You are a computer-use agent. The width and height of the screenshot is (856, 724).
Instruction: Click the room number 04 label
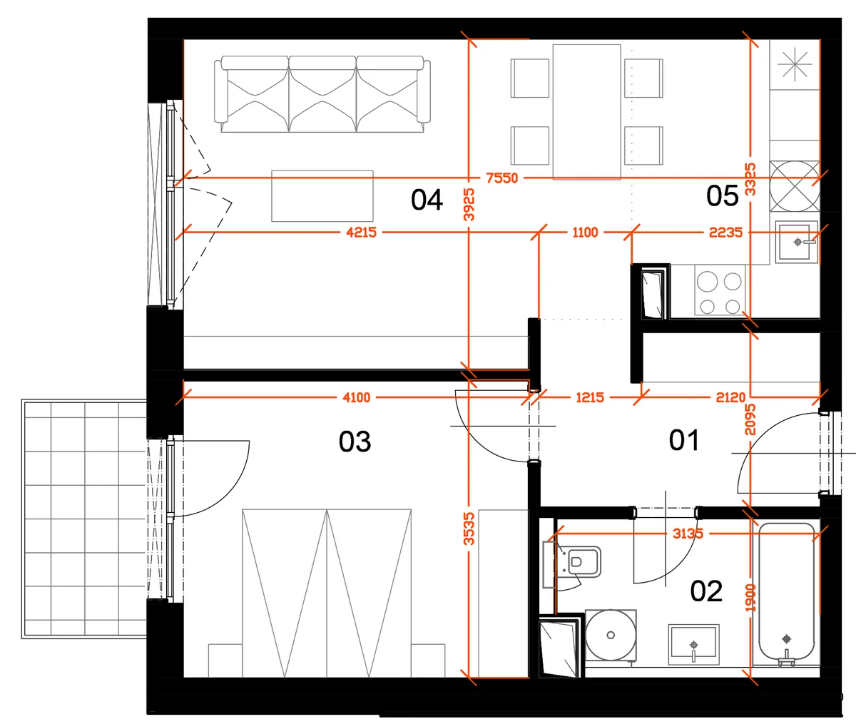pyautogui.click(x=427, y=200)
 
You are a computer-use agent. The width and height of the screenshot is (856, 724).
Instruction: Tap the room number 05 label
pyautogui.click(x=722, y=195)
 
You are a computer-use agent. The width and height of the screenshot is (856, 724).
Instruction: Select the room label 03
pyautogui.click(x=355, y=442)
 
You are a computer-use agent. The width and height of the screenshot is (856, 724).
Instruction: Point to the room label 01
pyautogui.click(x=684, y=440)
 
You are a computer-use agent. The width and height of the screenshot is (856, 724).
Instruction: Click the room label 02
pyautogui.click(x=706, y=591)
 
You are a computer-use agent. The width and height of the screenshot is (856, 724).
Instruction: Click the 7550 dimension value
pyautogui.click(x=502, y=178)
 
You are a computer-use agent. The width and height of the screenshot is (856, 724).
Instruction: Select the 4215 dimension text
pyautogui.click(x=361, y=233)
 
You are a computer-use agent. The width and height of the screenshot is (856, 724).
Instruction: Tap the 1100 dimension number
pyautogui.click(x=585, y=233)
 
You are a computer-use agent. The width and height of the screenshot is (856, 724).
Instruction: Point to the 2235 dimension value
pyautogui.click(x=725, y=233)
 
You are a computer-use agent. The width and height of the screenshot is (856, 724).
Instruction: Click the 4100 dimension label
pyautogui.click(x=357, y=397)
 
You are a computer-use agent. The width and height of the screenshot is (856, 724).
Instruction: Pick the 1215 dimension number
pyautogui.click(x=590, y=397)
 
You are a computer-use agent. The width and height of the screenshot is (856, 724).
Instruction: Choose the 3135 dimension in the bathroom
pyautogui.click(x=688, y=534)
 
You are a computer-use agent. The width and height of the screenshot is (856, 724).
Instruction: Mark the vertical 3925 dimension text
pyautogui.click(x=469, y=205)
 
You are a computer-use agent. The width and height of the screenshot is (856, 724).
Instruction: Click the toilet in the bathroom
pyautogui.click(x=578, y=562)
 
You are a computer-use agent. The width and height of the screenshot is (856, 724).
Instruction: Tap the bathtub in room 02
pyautogui.click(x=786, y=594)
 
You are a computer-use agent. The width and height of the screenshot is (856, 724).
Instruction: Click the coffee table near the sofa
pyautogui.click(x=322, y=196)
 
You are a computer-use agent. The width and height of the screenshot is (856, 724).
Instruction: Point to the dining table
pyautogui.click(x=587, y=112)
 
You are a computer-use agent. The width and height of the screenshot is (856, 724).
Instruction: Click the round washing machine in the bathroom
pyautogui.click(x=611, y=635)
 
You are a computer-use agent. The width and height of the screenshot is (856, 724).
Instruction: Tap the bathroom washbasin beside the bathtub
pyautogui.click(x=693, y=645)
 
